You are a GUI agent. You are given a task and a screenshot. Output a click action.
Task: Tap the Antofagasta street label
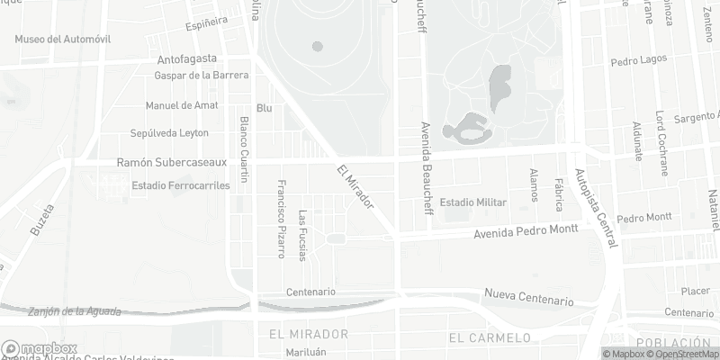click(x=189, y=60)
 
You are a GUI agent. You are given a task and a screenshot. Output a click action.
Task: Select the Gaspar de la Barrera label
click(x=202, y=76)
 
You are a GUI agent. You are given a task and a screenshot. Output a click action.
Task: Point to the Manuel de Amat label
click(x=181, y=105)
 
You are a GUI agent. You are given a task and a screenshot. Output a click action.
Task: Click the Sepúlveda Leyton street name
click(x=169, y=133)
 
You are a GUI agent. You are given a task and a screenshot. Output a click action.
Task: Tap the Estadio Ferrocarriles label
click(x=181, y=185)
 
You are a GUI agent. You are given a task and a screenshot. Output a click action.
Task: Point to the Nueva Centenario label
click(x=528, y=296)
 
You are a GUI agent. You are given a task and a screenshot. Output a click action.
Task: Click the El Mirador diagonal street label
click(x=355, y=187)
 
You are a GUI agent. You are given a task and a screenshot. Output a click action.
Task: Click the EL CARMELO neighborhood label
click(x=489, y=337)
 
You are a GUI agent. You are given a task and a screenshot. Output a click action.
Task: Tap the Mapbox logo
click(x=40, y=349)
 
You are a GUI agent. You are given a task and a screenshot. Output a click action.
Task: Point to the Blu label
click(x=264, y=108)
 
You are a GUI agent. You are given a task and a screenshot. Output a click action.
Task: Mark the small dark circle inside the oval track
click(x=317, y=46)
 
